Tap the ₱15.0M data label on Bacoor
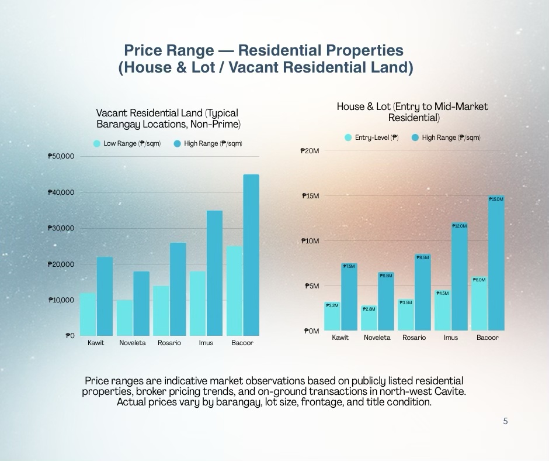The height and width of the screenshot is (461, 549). [496, 199]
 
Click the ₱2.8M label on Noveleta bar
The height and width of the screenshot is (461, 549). [369, 309]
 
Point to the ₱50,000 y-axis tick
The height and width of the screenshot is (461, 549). [61, 156]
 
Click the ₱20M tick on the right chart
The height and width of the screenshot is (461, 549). [310, 151]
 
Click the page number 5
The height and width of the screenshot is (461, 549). [505, 421]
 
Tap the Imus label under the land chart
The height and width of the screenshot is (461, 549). [206, 343]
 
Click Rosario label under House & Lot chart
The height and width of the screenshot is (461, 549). [414, 338]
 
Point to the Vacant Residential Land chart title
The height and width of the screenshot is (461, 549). [168, 118]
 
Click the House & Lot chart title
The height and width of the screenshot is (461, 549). [412, 112]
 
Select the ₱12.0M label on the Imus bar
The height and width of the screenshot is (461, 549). [460, 226]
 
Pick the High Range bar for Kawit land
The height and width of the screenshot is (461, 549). [105, 296]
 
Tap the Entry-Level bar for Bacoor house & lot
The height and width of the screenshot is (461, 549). [479, 304]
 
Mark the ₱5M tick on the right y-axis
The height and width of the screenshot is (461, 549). [311, 286]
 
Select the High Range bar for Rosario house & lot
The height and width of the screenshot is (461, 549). [422, 293]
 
